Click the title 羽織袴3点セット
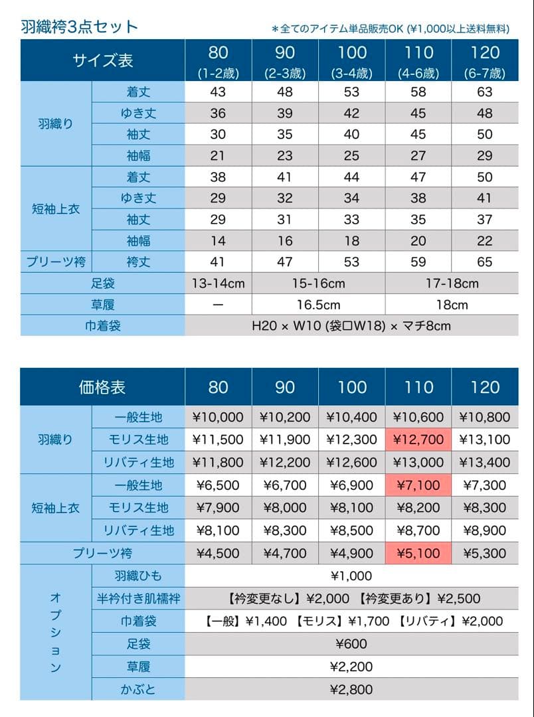tap(80, 27)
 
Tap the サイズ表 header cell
tap(102, 60)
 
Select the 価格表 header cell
tap(102, 387)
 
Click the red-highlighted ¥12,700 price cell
tap(418, 439)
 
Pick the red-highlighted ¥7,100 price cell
tap(418, 485)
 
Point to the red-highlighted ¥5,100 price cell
tap(418, 553)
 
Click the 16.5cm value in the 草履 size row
tap(318, 305)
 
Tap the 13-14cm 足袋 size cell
tap(218, 283)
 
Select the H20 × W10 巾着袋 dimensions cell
tap(351, 326)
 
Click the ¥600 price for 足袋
tap(351, 644)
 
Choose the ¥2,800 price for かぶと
tap(351, 689)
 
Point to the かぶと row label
tap(139, 689)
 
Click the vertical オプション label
tap(56, 633)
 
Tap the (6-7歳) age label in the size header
tap(485, 73)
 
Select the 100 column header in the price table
tap(351, 387)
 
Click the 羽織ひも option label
tap(139, 576)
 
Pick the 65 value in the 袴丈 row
tap(485, 262)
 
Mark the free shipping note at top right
tap(391, 29)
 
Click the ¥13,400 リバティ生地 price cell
tap(485, 463)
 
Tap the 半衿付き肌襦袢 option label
tap(139, 599)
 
